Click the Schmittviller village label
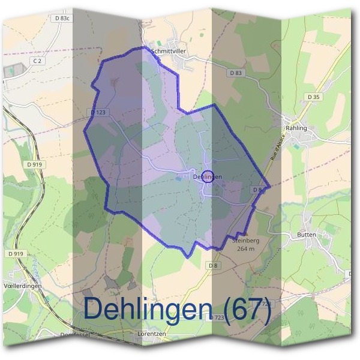170,52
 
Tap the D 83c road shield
62,19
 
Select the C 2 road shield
37,61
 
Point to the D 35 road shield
313,96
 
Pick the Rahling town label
296,128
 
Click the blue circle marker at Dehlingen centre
208,176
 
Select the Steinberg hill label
245,240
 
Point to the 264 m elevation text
246,248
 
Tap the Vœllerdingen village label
21,286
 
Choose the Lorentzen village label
149,334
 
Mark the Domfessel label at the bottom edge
74,334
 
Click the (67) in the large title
245,310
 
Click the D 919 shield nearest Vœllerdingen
16,254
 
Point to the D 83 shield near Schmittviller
236,73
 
